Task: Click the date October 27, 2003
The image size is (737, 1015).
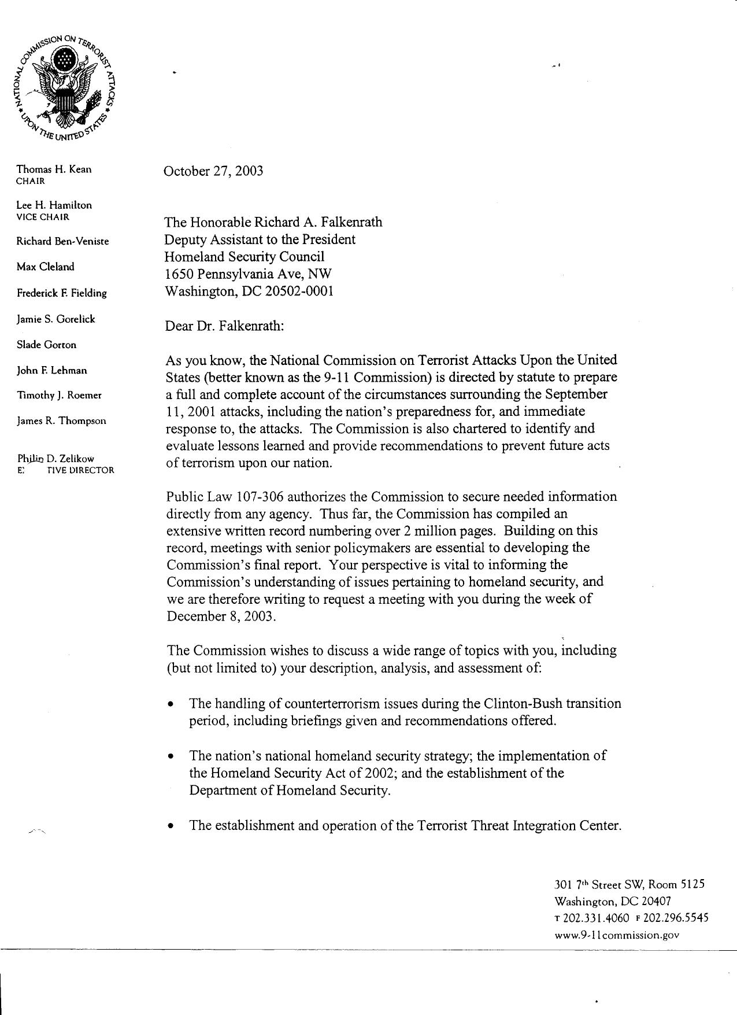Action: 213,171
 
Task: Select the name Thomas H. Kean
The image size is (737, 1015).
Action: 54,169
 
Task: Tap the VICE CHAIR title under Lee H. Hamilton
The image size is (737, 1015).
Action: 43,217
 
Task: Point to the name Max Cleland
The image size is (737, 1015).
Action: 45,267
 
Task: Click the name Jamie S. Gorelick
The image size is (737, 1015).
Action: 55,319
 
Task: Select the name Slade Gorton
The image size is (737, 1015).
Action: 46,345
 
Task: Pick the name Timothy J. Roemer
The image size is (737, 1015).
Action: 59,396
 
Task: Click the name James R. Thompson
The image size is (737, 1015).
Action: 61,421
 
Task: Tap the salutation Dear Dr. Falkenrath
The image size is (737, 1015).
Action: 224,325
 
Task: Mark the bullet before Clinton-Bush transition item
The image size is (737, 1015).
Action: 171,705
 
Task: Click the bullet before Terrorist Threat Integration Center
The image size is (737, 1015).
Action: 171,826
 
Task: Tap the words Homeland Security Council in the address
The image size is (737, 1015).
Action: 245,256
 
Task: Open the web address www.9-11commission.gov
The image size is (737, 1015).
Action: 616,934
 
